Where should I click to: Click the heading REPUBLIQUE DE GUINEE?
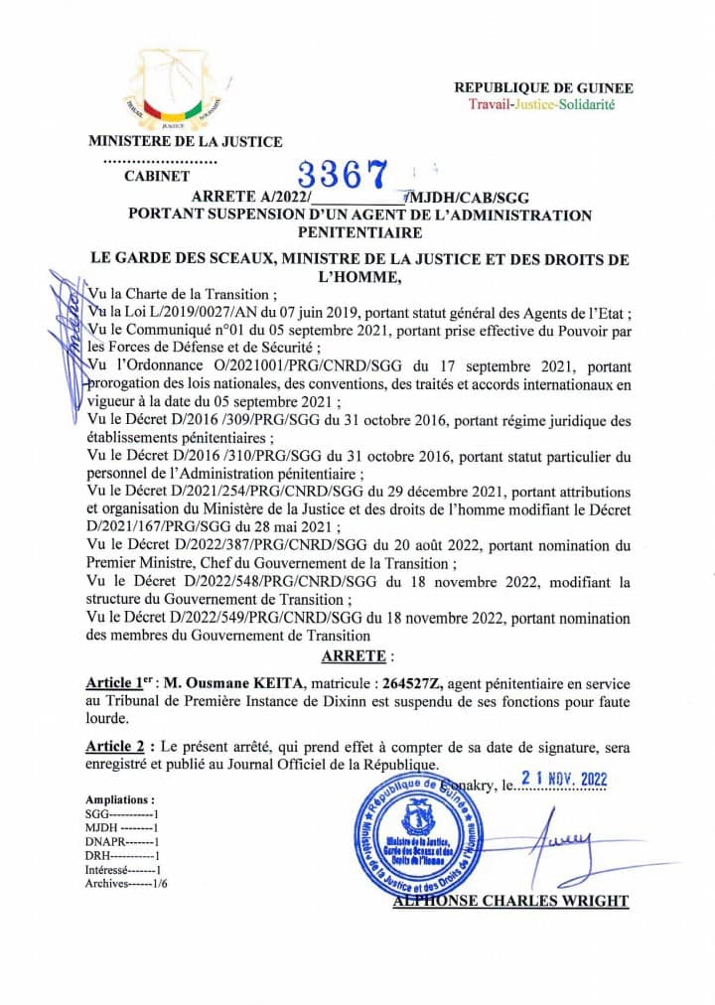click(x=543, y=88)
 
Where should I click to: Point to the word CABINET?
click(x=157, y=176)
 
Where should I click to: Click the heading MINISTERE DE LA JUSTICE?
click(x=186, y=141)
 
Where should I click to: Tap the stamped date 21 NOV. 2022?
click(x=564, y=780)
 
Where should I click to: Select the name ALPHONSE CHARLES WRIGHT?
click(x=510, y=901)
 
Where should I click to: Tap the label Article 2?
click(x=120, y=746)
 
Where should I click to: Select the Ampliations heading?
click(x=119, y=798)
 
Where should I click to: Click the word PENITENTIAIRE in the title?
click(x=359, y=232)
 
